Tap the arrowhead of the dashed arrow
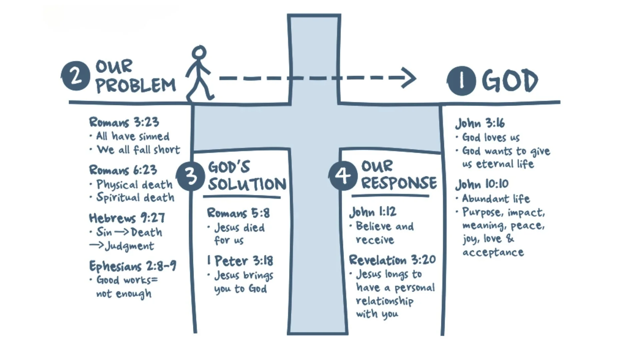(x=409, y=78)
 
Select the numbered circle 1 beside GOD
(x=461, y=81)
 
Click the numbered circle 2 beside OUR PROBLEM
(x=76, y=76)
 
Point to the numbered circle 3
(x=190, y=176)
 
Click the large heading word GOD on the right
(x=510, y=81)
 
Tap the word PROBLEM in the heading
(x=136, y=85)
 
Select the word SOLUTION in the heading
(x=247, y=184)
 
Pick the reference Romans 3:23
(x=124, y=122)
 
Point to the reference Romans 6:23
(x=123, y=170)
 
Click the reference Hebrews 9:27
(x=127, y=218)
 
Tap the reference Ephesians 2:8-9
(x=133, y=266)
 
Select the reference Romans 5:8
(x=238, y=213)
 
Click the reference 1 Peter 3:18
(x=240, y=261)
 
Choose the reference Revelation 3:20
(x=392, y=260)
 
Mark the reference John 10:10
(x=482, y=184)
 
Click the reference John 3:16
(x=480, y=123)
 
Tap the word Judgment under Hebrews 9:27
(x=130, y=246)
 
